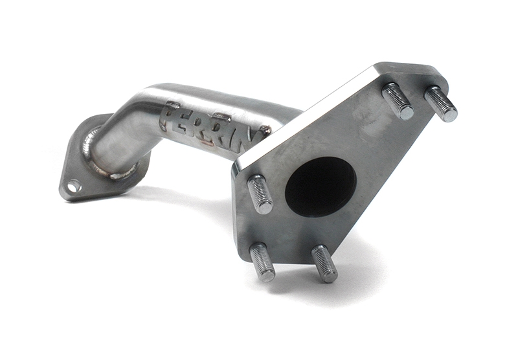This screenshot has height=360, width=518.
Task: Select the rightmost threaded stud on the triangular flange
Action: (x=441, y=104)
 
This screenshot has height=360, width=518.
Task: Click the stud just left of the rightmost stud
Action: (x=398, y=102)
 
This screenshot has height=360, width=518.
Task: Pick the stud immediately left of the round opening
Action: (x=260, y=194)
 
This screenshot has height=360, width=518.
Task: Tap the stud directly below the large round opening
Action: (x=324, y=264)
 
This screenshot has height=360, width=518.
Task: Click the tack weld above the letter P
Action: (x=173, y=104)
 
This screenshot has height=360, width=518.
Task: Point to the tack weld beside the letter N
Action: (x=264, y=130)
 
